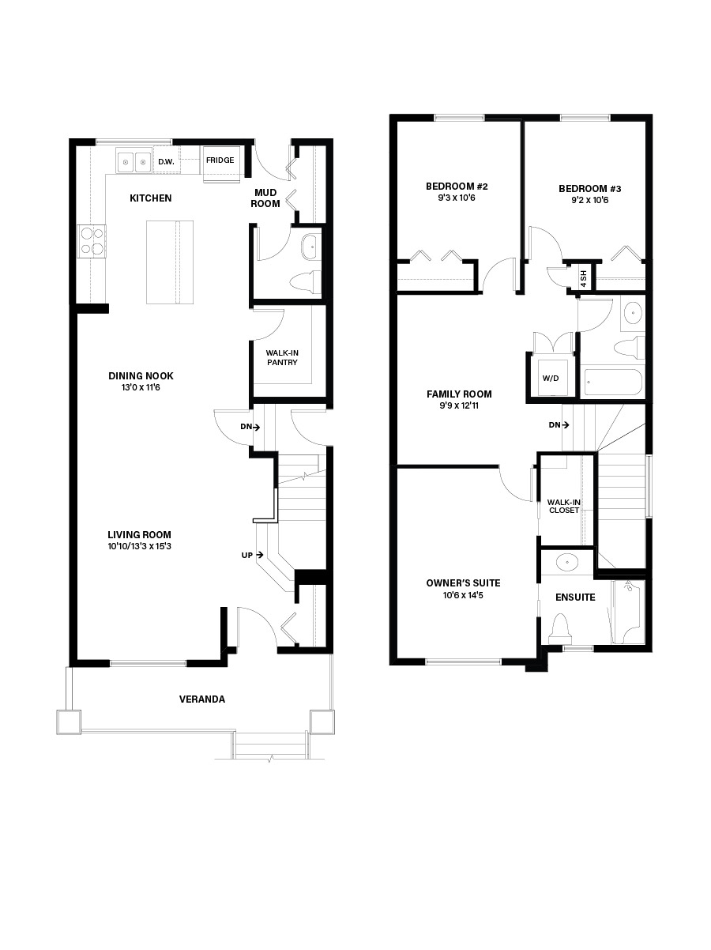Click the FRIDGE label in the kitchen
pyautogui.click(x=220, y=160)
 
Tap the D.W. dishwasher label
pyautogui.click(x=166, y=162)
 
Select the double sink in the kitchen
pyautogui.click(x=134, y=163)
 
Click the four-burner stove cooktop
pyautogui.click(x=92, y=241)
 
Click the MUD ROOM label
pyautogui.click(x=265, y=198)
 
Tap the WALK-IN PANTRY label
pyautogui.click(x=282, y=357)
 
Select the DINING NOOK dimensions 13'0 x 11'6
pyautogui.click(x=141, y=388)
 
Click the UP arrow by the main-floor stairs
pyautogui.click(x=252, y=556)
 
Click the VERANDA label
pyautogui.click(x=201, y=699)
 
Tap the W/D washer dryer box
pyautogui.click(x=551, y=379)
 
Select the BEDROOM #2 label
pyautogui.click(x=457, y=187)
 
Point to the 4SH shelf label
pyautogui.click(x=584, y=277)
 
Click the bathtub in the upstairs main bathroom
pyautogui.click(x=613, y=383)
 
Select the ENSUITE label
pyautogui.click(x=575, y=598)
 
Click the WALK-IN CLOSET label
pyautogui.click(x=563, y=505)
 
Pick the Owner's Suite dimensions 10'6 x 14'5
pyautogui.click(x=463, y=595)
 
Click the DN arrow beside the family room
pyautogui.click(x=559, y=425)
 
